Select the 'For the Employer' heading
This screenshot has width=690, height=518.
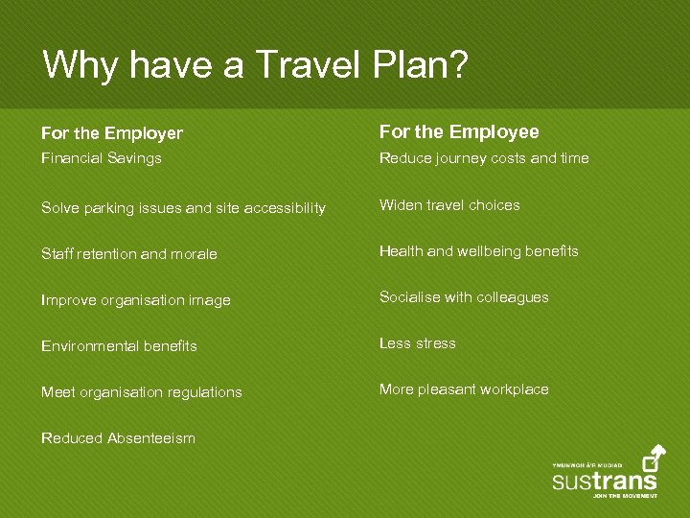pos(112,133)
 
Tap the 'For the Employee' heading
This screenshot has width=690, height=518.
pos(459,131)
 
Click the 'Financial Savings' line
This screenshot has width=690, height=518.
pos(102,158)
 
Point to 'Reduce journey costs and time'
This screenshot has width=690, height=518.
pos(484,158)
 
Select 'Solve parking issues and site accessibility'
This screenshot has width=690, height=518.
pos(183,208)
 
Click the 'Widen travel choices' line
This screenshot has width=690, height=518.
pos(449,205)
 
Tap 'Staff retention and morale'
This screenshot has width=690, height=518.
pos(129,254)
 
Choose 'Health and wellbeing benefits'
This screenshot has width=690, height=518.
pos(479,251)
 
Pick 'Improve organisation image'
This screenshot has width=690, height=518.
pos(136,300)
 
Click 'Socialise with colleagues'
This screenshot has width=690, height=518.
pos(464,297)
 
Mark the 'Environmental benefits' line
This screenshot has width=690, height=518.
pos(119,346)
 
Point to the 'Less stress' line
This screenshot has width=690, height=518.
pos(418,343)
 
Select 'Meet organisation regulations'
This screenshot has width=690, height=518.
pos(142,392)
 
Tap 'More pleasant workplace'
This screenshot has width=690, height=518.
pos(464,389)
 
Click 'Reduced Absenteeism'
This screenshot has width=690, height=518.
pos(118,438)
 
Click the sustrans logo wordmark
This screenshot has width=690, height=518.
pos(605,481)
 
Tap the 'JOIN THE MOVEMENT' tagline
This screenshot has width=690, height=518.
pos(625,496)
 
